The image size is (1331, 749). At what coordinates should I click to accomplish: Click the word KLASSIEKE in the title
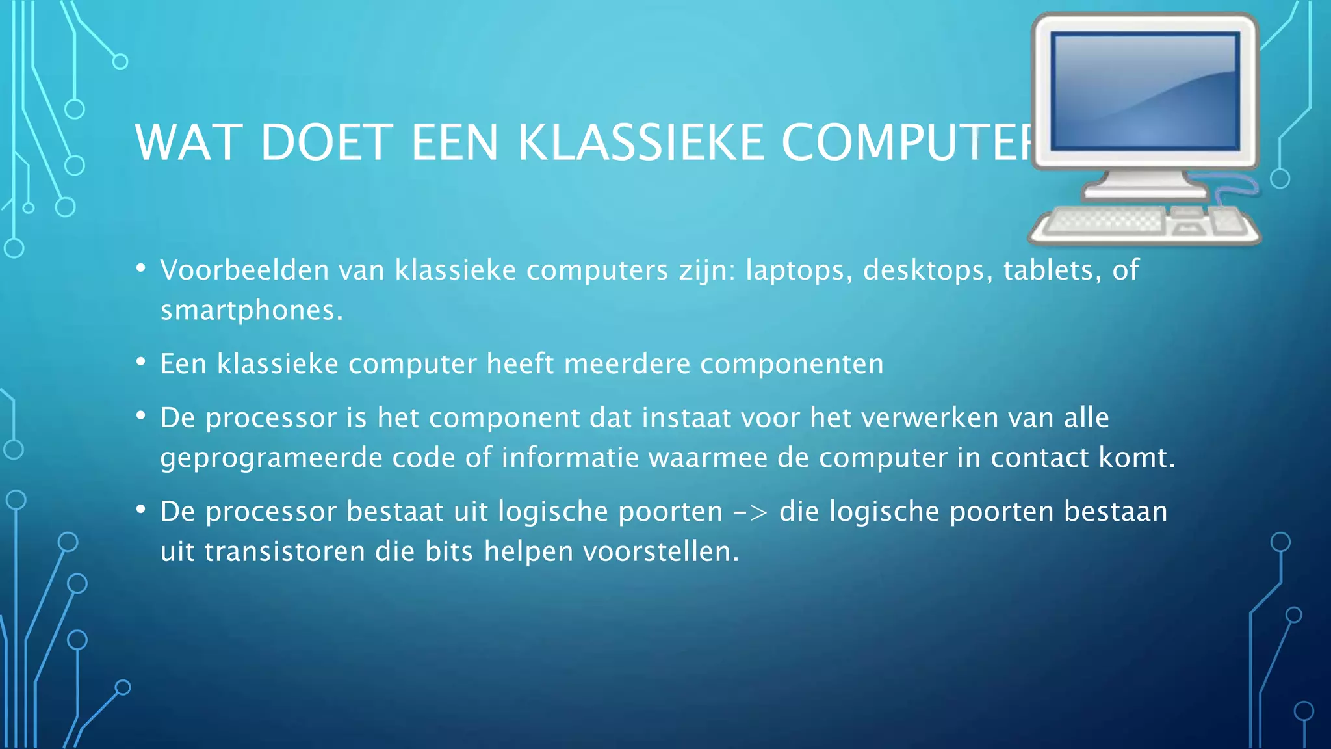641,142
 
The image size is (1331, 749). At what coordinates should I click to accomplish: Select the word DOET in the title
327,142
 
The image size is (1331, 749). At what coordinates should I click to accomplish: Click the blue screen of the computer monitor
1145,91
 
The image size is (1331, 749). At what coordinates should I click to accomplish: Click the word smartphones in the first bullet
251,310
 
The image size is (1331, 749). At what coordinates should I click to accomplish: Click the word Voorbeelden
245,270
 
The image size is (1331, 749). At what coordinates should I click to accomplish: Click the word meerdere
627,364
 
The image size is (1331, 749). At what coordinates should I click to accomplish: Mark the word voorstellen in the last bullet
661,552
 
